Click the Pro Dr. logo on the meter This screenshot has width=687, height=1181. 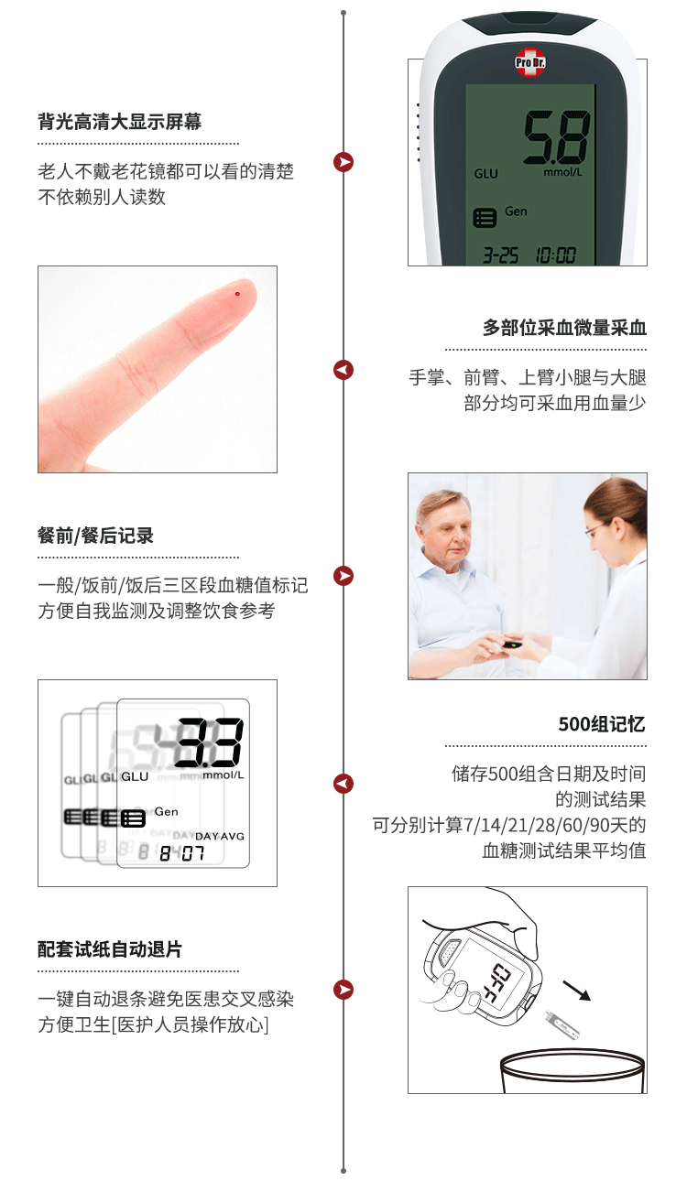(530, 62)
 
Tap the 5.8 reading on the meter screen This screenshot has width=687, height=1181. (557, 137)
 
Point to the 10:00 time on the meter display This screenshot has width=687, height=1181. (556, 255)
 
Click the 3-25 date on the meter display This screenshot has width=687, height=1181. (500, 255)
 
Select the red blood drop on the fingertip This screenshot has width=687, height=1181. (237, 294)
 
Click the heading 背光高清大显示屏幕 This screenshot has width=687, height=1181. (120, 122)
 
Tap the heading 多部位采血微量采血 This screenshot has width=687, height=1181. (564, 328)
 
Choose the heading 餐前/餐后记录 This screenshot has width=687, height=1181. (95, 536)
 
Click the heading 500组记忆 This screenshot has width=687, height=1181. (602, 724)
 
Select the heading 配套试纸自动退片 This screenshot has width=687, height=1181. (110, 949)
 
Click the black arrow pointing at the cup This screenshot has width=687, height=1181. (577, 991)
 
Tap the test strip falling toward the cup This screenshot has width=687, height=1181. (561, 1024)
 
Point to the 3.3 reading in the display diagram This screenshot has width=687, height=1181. (209, 742)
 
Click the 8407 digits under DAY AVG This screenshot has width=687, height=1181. (182, 853)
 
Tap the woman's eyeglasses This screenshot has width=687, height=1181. (596, 528)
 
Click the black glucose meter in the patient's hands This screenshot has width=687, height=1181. (512, 644)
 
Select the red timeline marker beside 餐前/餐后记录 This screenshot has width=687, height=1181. (343, 576)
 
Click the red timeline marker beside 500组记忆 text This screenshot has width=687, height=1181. (343, 784)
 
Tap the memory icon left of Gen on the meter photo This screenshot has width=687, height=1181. (485, 217)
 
